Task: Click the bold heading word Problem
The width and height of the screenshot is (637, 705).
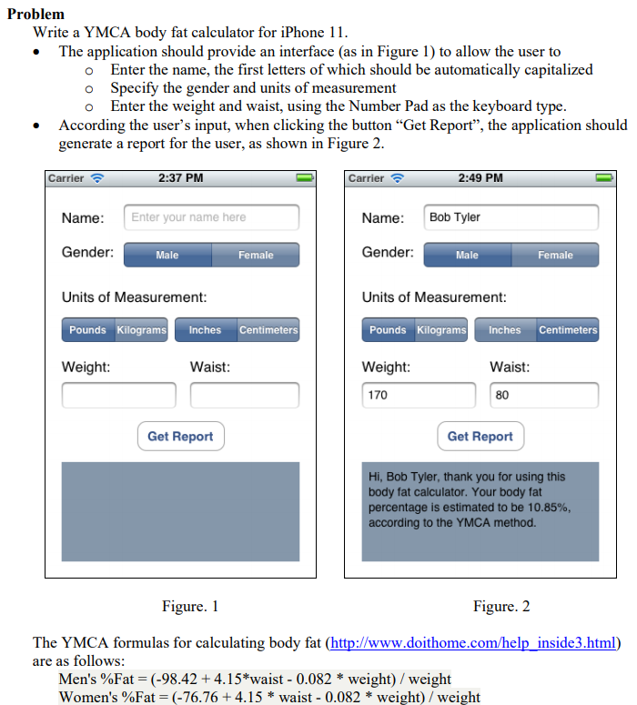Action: tap(35, 14)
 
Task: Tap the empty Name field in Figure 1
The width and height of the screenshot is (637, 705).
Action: tap(211, 217)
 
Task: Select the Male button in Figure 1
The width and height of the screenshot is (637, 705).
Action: tap(167, 255)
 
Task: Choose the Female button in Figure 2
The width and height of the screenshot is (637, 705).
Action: tap(555, 255)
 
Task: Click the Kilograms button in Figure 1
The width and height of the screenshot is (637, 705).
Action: tap(141, 329)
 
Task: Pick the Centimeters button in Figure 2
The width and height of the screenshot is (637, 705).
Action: tap(568, 329)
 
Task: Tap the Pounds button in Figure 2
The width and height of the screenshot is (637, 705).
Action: tap(388, 329)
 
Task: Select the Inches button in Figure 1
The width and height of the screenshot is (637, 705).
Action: tap(205, 329)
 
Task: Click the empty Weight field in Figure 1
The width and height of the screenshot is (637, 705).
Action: tap(118, 396)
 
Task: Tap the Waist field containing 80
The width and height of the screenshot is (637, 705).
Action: tap(544, 396)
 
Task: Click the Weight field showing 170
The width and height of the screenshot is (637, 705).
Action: tap(419, 396)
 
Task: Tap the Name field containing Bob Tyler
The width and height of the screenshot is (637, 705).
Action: tap(511, 217)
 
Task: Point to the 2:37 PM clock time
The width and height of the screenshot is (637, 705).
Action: tap(180, 177)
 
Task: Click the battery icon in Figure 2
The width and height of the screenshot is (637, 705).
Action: tap(605, 177)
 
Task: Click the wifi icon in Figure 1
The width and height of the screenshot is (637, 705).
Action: tap(97, 177)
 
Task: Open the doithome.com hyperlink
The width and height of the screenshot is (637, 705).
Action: tap(472, 643)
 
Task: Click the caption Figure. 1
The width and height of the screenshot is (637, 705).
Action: tap(189, 606)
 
